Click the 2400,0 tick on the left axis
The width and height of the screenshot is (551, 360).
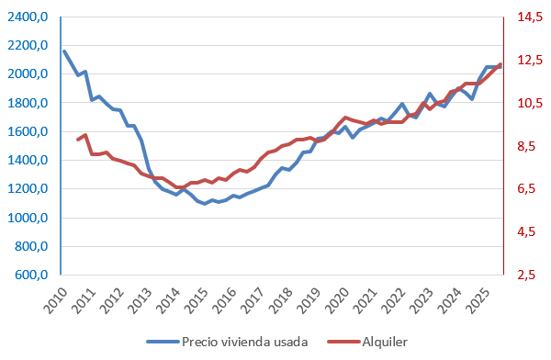tap(28, 17)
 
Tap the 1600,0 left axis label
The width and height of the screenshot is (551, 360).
tap(28, 132)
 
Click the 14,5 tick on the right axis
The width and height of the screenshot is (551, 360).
tap(528, 17)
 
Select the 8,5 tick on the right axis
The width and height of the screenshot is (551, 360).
tap(528, 146)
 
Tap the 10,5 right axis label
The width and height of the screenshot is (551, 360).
tap(528, 104)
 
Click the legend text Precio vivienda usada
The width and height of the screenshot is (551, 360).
tap(244, 342)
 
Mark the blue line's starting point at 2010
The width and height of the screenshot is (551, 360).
tap(63, 51)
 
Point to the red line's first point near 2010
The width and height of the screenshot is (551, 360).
tap(78, 140)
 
